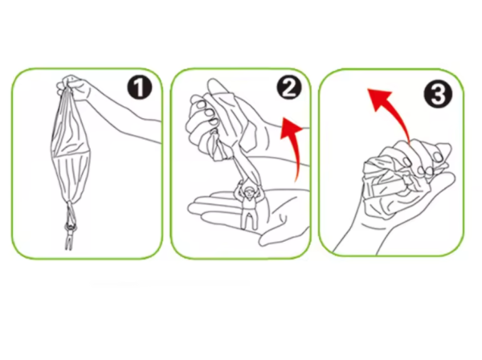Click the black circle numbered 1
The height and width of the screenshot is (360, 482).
[x=140, y=88]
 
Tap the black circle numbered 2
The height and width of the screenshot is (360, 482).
[x=289, y=88]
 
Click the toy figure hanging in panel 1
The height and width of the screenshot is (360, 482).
[x=70, y=229]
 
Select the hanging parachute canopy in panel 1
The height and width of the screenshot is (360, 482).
[x=69, y=148]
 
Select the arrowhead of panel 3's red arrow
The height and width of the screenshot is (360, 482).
[x=378, y=99]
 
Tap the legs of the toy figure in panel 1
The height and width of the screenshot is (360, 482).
[x=69, y=241]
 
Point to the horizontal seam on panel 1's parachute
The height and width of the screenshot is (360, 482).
[x=69, y=154]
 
